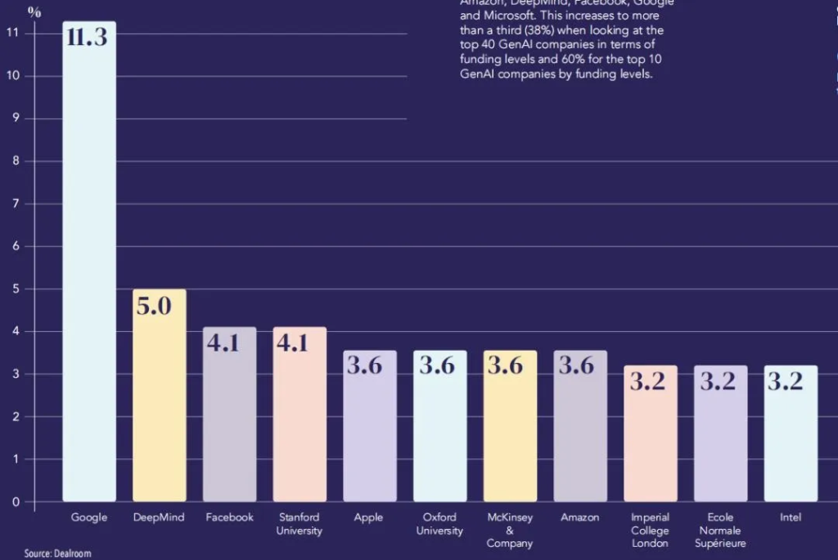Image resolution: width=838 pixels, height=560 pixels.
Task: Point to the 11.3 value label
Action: tap(88, 37)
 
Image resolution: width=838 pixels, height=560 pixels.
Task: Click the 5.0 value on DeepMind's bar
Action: tap(154, 308)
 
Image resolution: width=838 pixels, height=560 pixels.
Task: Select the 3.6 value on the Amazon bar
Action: tap(576, 365)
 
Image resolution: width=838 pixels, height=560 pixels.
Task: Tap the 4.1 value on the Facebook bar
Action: tap(223, 342)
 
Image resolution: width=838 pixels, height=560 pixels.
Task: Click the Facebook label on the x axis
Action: tap(229, 517)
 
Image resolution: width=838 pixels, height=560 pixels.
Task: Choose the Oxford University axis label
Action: tap(439, 524)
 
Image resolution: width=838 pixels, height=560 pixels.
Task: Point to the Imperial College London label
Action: tap(650, 530)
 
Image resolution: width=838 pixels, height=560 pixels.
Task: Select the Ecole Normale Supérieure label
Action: tap(720, 530)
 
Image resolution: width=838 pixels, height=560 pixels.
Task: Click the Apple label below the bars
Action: tap(368, 517)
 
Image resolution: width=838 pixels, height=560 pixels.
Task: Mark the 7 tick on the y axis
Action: tap(13, 204)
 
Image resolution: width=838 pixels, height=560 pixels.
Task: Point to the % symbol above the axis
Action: tap(34, 11)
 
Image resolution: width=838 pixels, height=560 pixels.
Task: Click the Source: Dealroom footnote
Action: tap(57, 553)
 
